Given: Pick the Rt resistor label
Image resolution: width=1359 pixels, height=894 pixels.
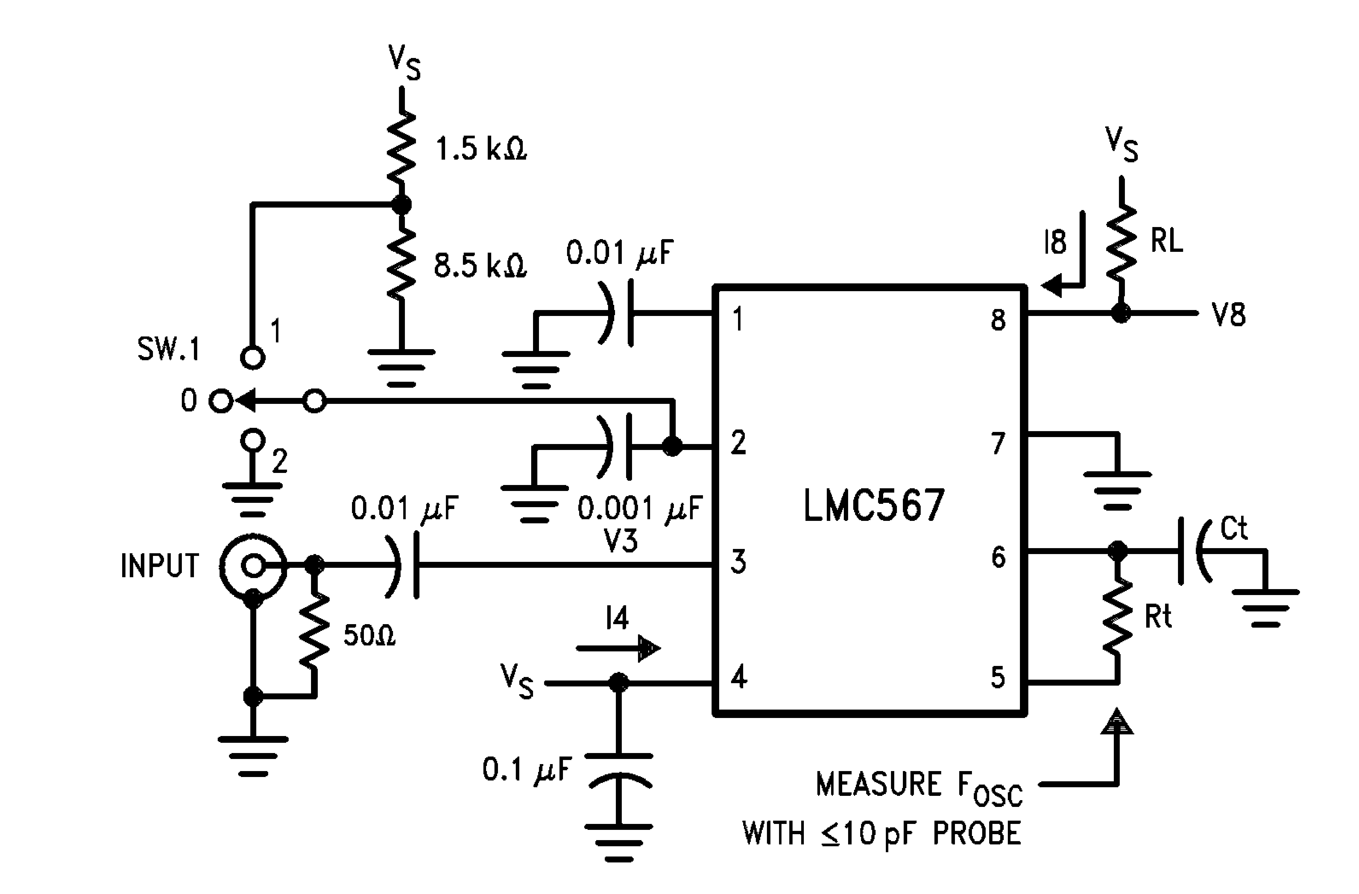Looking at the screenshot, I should [1158, 617].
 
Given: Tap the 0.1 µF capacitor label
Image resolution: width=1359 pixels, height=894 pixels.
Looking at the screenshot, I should [526, 770].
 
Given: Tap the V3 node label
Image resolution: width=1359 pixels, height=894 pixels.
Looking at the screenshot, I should [621, 540].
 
